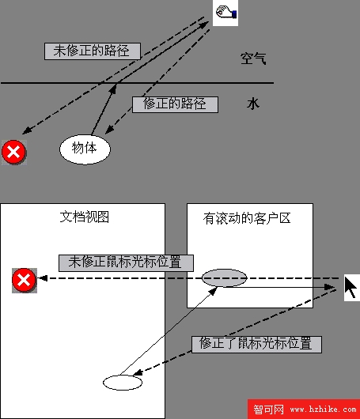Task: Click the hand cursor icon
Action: click(225, 13)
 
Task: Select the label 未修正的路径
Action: click(93, 51)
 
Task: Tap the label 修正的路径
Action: click(175, 104)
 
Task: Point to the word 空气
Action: click(253, 59)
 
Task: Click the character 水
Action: click(252, 104)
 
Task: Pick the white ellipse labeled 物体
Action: click(85, 149)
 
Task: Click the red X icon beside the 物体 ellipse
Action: click(14, 152)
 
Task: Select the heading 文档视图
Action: click(84, 217)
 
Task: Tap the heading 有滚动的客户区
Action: click(247, 218)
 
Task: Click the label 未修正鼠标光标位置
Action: click(126, 263)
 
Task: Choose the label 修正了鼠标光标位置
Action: click(256, 345)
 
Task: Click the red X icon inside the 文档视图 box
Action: click(24, 281)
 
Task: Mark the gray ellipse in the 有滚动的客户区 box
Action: click(224, 278)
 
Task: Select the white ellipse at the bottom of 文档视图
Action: click(123, 383)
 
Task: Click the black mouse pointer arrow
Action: click(351, 287)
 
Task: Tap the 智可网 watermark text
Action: click(268, 410)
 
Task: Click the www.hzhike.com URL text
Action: click(323, 409)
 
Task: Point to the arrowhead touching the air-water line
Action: click(113, 89)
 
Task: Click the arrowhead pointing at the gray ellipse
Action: click(213, 291)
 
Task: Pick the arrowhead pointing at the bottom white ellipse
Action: click(138, 372)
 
